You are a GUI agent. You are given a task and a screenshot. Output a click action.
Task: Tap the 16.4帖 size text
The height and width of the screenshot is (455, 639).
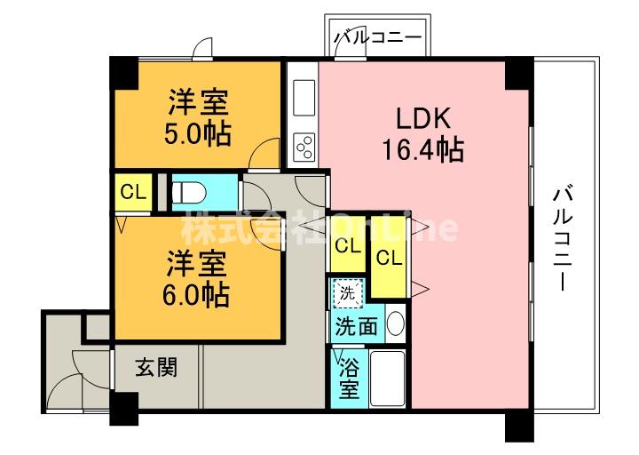click(423, 149)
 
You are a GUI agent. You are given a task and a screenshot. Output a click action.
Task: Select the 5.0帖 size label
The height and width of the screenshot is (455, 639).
click(198, 133)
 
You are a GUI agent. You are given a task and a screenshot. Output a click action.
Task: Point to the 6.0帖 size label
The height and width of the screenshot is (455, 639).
click(198, 294)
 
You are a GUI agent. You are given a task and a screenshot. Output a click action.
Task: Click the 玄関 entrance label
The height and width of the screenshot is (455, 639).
click(156, 367)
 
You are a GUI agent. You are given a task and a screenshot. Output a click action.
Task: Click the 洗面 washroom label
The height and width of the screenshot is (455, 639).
click(357, 326)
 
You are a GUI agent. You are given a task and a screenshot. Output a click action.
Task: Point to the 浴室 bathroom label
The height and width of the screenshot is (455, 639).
click(350, 378)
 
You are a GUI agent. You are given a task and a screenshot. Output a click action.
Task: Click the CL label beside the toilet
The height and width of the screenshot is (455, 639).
click(133, 191)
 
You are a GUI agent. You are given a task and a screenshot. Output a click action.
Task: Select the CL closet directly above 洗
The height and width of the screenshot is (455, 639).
click(347, 246)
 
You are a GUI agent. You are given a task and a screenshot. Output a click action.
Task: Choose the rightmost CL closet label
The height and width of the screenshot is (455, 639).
click(387, 259)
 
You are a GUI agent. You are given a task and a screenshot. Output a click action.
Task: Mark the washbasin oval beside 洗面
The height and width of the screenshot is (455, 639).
click(395, 325)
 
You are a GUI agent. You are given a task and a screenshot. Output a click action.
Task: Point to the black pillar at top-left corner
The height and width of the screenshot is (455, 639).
click(124, 71)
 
